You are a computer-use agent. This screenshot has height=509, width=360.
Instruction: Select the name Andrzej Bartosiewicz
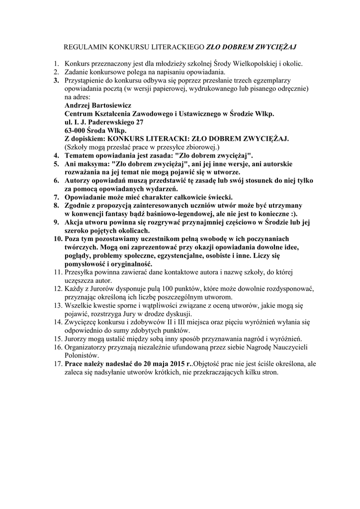click(x=97, y=105)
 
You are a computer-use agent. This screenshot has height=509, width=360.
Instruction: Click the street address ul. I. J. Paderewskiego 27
click(x=104, y=122)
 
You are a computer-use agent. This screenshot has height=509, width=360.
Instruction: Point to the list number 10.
click(x=57, y=239)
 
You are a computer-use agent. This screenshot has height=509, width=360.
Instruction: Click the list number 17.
click(x=57, y=364)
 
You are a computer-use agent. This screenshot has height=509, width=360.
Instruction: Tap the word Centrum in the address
click(x=81, y=113)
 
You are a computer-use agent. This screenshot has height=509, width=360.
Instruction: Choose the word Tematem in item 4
click(x=81, y=155)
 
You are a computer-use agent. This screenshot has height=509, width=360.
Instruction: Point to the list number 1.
click(x=56, y=64)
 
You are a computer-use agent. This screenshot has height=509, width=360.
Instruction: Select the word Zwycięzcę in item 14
click(x=82, y=323)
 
